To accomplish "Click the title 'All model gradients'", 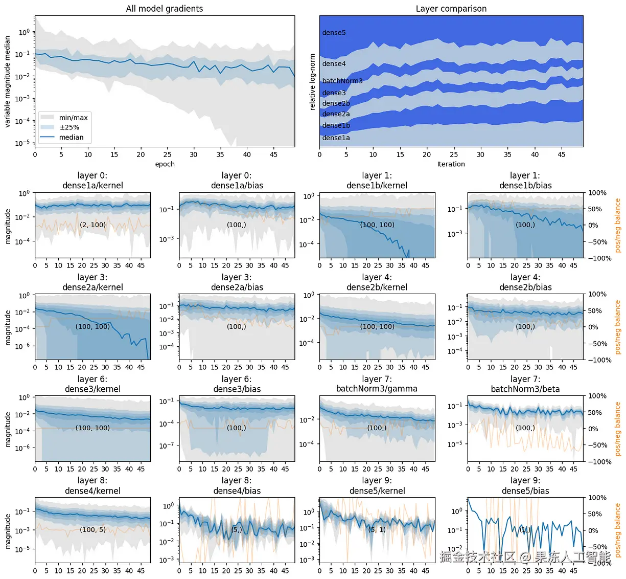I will click(x=165, y=9).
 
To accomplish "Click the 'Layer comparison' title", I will click(x=451, y=9).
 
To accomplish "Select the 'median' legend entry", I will click(x=71, y=137).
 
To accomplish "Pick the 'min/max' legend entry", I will click(x=73, y=118).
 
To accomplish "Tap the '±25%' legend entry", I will click(x=69, y=127).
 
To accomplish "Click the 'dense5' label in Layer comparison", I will click(x=334, y=33).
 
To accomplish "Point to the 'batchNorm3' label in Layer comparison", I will click(x=342, y=81).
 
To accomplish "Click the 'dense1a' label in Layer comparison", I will click(x=336, y=138).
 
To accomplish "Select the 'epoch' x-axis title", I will click(x=165, y=164).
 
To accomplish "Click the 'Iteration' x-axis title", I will click(x=451, y=164).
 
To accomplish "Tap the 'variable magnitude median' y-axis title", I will click(x=8, y=81).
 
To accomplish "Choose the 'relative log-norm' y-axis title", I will click(x=313, y=82).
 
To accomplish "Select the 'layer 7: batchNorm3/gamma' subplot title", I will click(x=377, y=384).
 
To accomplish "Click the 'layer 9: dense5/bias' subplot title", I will click(x=525, y=486).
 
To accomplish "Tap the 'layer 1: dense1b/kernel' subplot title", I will click(x=377, y=181).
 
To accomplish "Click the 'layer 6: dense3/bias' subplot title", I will click(x=237, y=384).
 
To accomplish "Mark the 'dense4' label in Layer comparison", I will click(x=334, y=64).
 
